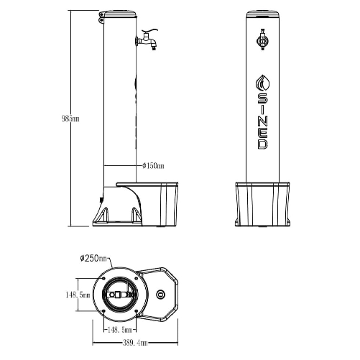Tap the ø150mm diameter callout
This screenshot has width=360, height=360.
(x=153, y=167)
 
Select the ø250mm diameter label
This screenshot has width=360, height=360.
(x=94, y=257)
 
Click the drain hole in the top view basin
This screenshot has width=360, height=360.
(x=160, y=295)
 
